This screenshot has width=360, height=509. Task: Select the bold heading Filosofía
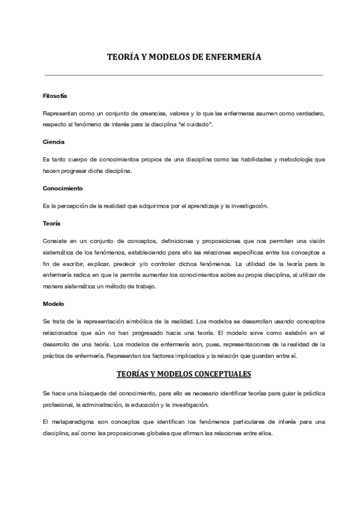[55, 96]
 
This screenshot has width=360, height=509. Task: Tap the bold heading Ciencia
[53, 142]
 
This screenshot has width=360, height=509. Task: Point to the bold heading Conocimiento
[62, 188]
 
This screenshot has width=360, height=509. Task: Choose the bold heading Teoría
[52, 223]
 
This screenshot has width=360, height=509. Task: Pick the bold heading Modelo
[53, 304]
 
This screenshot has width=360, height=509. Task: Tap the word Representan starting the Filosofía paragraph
[60, 113]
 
